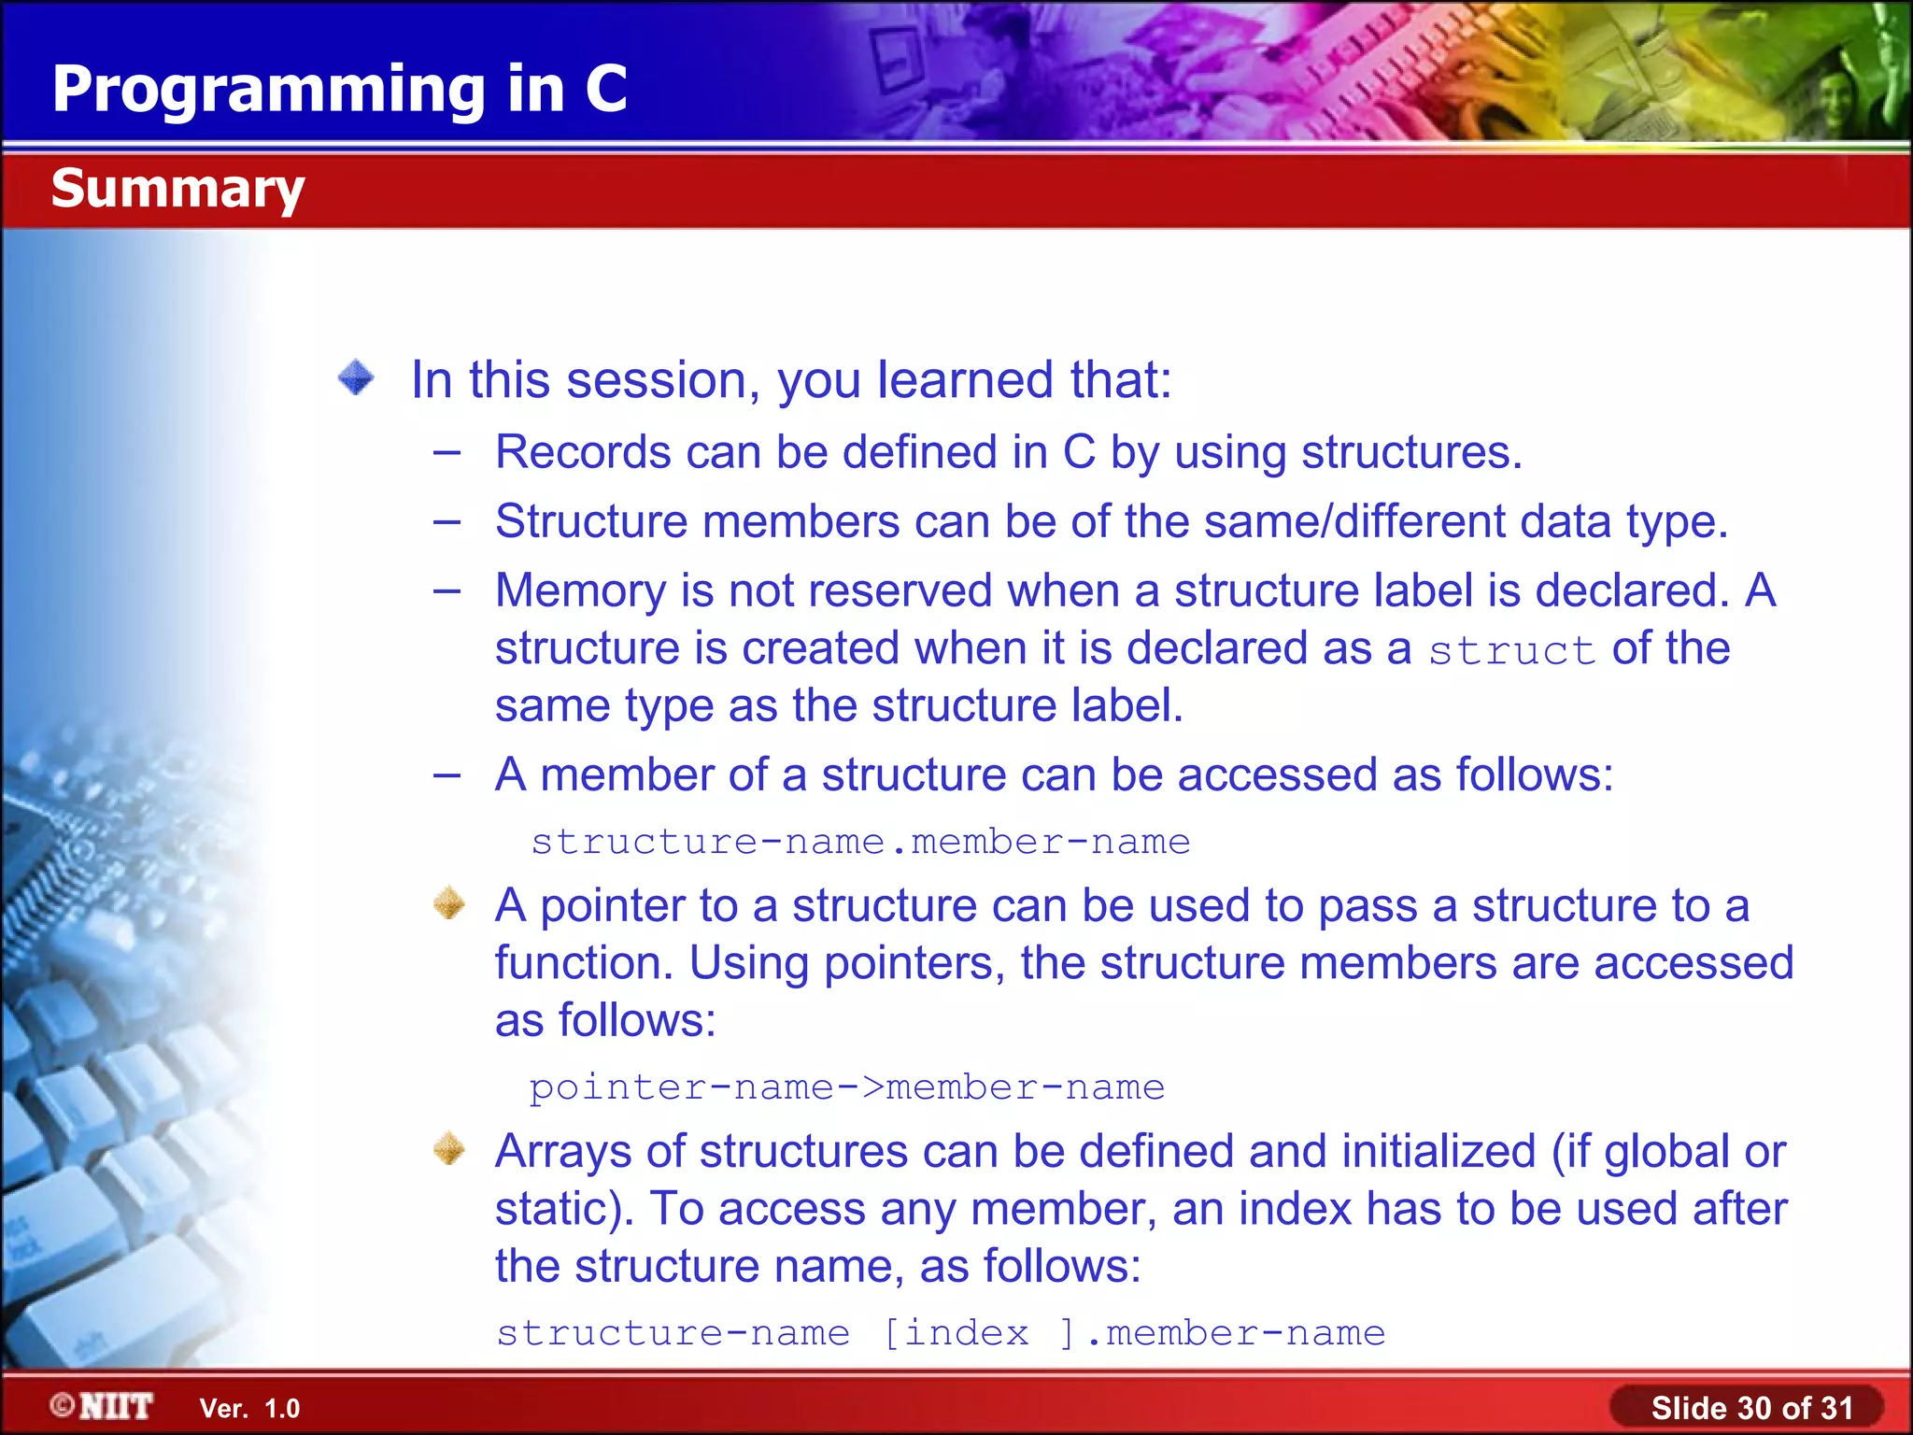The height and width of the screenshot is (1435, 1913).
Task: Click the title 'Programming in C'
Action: click(x=339, y=90)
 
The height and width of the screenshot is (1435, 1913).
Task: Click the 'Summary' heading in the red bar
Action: click(x=177, y=189)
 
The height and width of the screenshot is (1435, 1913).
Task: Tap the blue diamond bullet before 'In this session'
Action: click(x=356, y=378)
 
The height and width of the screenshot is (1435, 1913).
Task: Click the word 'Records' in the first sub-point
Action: click(x=582, y=452)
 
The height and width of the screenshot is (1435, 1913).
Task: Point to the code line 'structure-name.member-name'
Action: click(x=860, y=842)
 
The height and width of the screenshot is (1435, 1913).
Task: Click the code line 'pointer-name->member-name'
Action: click(x=846, y=1087)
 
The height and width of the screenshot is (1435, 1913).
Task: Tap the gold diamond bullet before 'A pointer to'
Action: click(x=449, y=903)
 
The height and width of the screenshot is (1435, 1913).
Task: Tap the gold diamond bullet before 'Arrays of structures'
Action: click(x=449, y=1149)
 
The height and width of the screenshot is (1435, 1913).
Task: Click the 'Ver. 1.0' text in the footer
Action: click(x=249, y=1408)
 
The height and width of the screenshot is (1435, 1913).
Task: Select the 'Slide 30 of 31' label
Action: click(x=1751, y=1407)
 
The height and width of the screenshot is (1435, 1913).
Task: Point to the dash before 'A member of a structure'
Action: click(x=447, y=774)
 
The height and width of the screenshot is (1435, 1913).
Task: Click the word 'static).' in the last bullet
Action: click(x=564, y=1209)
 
